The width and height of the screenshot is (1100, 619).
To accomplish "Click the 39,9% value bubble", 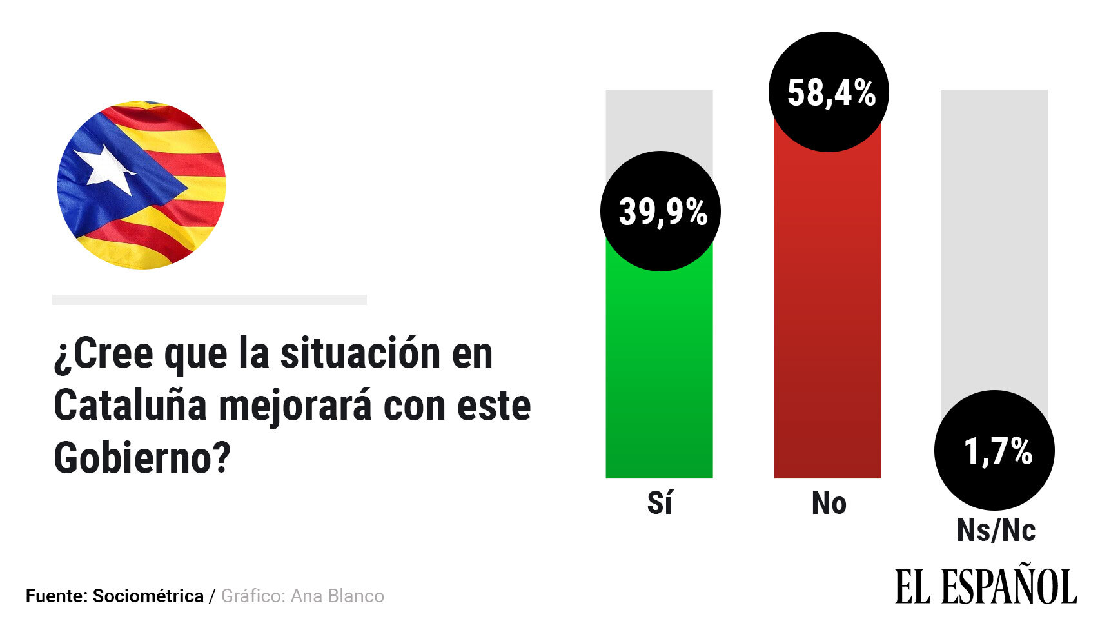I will [x=660, y=211].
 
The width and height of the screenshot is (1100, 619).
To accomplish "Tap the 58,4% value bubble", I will [x=829, y=92].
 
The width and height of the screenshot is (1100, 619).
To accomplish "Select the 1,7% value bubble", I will [x=994, y=450].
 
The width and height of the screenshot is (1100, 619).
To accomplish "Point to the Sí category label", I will [x=660, y=503].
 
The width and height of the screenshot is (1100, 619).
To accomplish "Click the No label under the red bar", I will [x=829, y=503].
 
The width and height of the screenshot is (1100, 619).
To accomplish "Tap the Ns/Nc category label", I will [x=996, y=531].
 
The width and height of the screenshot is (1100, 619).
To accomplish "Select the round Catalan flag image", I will [x=142, y=185].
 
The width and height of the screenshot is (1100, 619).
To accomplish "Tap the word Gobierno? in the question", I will [x=142, y=458].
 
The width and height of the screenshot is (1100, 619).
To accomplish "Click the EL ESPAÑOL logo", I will [x=985, y=586].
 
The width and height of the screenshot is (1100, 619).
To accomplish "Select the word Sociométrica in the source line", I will [x=148, y=596].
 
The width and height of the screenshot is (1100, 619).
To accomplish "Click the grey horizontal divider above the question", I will [x=210, y=300].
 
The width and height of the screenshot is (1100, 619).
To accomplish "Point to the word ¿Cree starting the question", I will [x=104, y=354].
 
